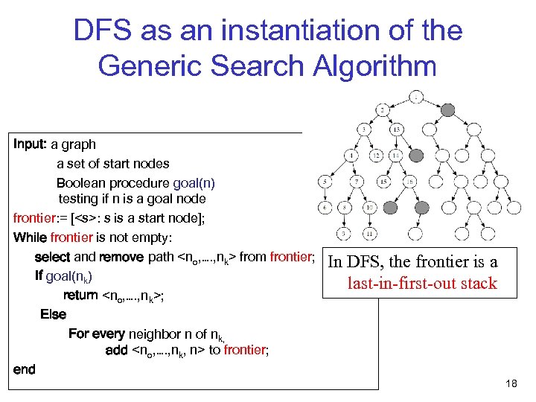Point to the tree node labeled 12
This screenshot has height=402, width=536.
(377, 155)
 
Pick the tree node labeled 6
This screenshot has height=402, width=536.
(325, 208)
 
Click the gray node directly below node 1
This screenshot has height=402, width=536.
(447, 109)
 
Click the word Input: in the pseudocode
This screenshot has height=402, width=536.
(31, 144)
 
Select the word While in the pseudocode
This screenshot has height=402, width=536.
(30, 237)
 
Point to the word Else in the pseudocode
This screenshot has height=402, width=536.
(53, 314)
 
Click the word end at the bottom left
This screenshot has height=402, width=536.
(25, 369)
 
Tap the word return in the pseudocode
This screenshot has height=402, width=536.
(80, 295)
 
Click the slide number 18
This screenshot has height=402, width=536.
(511, 383)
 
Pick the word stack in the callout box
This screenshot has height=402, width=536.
(478, 284)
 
